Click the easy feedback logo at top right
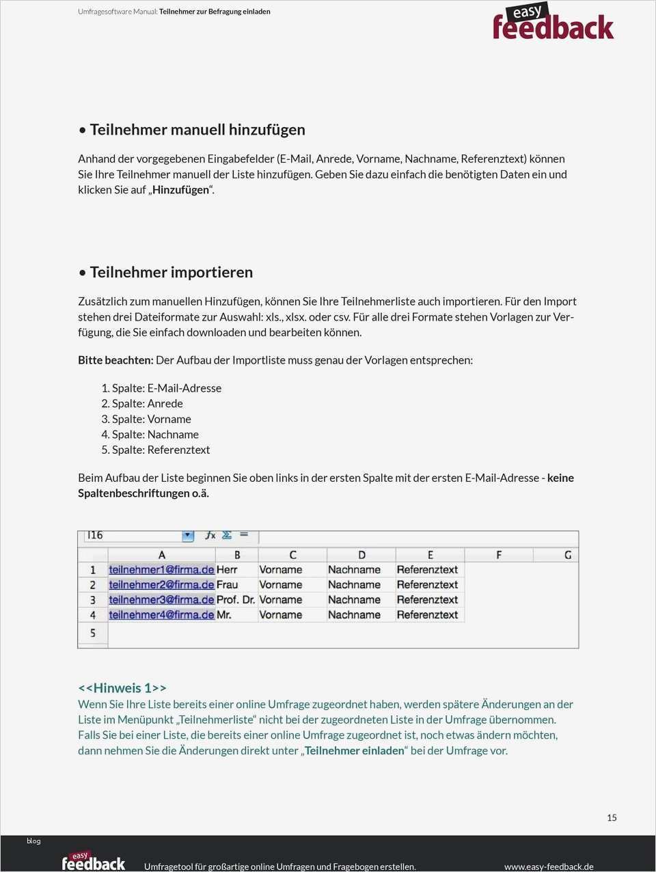click(x=553, y=22)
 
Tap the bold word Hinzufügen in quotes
click(x=180, y=190)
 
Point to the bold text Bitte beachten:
click(x=115, y=359)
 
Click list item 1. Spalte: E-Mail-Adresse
click(x=161, y=387)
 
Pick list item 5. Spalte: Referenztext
click(x=156, y=450)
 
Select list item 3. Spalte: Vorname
click(x=146, y=419)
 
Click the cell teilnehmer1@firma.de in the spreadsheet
click(x=161, y=569)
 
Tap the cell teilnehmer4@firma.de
click(x=161, y=614)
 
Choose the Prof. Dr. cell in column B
click(x=236, y=599)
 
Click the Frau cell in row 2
click(x=228, y=584)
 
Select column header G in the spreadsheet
click(x=567, y=555)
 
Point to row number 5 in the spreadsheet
click(x=92, y=633)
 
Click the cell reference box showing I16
click(x=133, y=535)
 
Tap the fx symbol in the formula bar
click(x=210, y=535)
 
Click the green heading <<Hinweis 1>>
click(x=122, y=687)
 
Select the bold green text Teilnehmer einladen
click(x=355, y=750)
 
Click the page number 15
click(x=612, y=817)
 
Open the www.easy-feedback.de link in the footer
click(x=549, y=866)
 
